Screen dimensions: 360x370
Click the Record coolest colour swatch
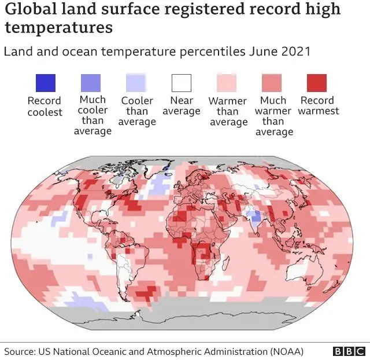tap(45, 83)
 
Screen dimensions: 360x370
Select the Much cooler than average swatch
tap(90, 83)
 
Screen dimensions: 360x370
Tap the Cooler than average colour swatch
tap(136, 83)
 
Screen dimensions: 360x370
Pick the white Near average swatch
tap(181, 83)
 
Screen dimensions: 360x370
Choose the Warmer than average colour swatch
tap(227, 83)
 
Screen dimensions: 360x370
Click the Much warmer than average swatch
tap(272, 83)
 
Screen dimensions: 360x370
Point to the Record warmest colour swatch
tap(317, 83)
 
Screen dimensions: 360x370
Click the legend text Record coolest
tap(45, 106)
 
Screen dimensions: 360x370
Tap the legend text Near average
tap(182, 105)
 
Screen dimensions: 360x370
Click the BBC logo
tap(349, 351)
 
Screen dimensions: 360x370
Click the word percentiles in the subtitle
tap(187, 52)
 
